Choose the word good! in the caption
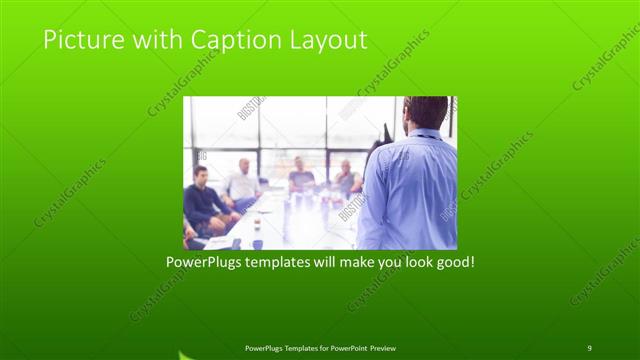click(453, 263)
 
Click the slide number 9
click(589, 347)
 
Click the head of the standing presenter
click(427, 113)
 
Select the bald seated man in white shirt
click(242, 181)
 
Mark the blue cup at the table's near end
click(257, 243)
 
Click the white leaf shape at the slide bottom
click(186, 354)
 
